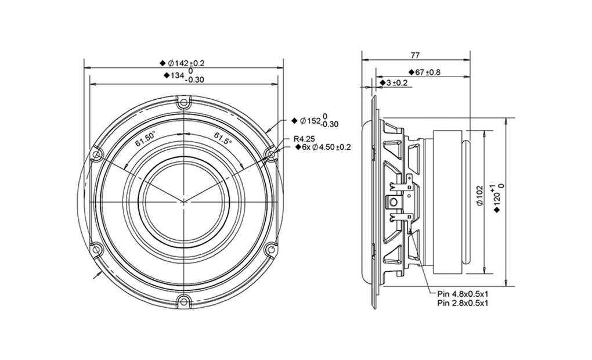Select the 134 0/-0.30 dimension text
point(184,75)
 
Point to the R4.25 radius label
point(304,139)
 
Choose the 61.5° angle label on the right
point(223,138)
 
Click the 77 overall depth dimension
point(415,56)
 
